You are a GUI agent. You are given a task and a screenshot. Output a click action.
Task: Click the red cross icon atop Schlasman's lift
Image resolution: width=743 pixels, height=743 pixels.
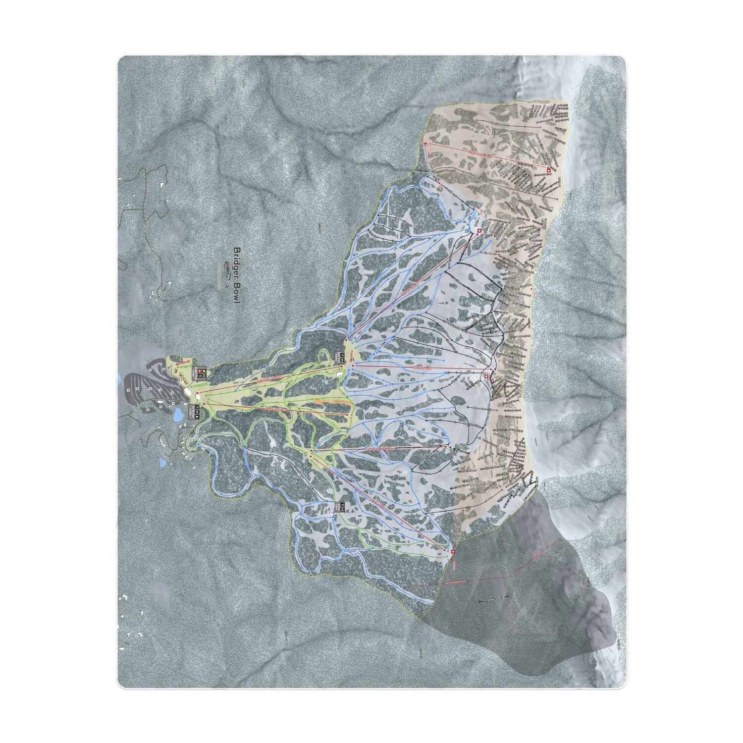(549, 170)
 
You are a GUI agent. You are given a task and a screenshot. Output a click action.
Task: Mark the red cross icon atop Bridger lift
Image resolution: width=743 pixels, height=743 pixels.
(486, 376)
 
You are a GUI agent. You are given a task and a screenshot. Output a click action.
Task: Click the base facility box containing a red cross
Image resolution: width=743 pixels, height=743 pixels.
(201, 371)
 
